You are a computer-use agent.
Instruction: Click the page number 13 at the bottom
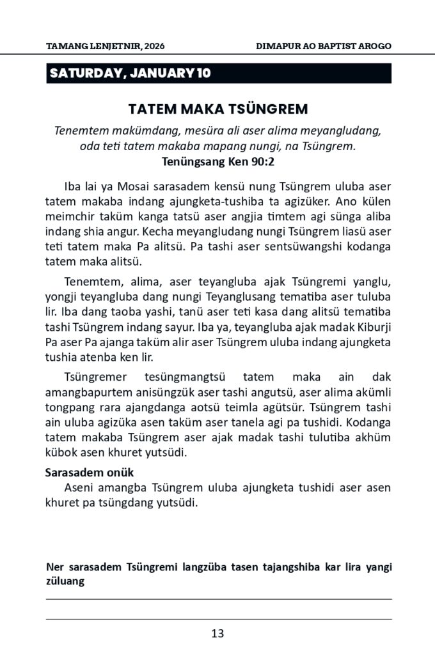point(217,634)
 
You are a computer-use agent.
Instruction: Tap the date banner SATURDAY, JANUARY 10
point(130,73)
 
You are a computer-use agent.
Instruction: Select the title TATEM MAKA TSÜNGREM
point(217,108)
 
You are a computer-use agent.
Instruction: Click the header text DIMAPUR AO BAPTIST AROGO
point(323,46)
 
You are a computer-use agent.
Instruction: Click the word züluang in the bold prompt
point(67,581)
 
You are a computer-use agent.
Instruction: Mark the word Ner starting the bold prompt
point(54,567)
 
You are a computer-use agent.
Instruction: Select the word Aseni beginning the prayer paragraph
point(79,488)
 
